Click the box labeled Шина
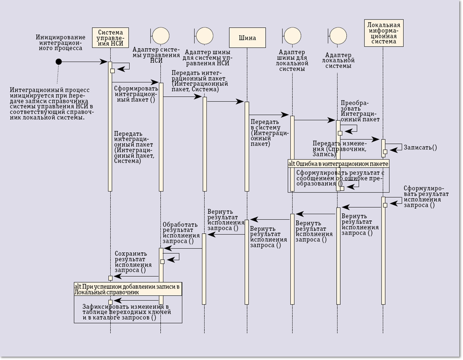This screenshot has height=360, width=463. click(x=247, y=38)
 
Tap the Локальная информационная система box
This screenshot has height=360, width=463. click(x=383, y=33)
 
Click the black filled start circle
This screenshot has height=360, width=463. click(x=58, y=62)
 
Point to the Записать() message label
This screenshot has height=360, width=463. click(x=420, y=148)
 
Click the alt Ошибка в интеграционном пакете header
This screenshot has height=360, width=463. click(x=338, y=164)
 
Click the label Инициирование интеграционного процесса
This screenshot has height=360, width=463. click(x=60, y=42)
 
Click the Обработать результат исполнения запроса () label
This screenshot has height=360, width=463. click(x=180, y=233)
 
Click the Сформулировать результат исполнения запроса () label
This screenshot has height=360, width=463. click(x=426, y=197)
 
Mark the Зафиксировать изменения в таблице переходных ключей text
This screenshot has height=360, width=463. click(x=126, y=312)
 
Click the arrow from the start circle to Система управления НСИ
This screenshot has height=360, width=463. click(x=83, y=62)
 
